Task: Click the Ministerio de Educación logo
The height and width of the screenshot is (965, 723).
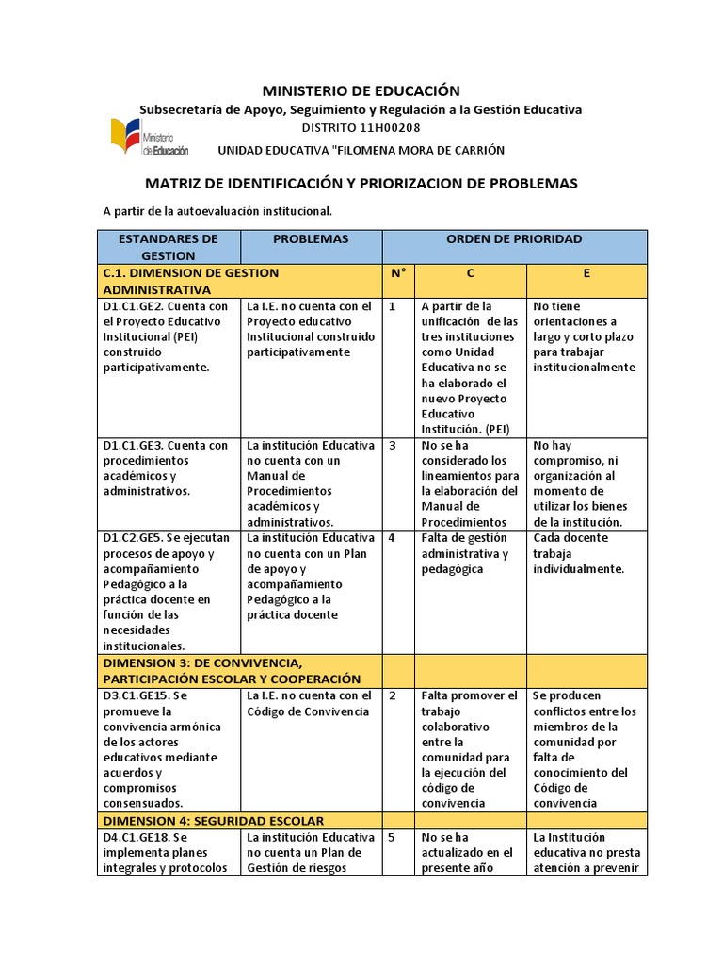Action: pyautogui.click(x=149, y=138)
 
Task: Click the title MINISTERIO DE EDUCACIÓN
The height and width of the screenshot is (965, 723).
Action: pyautogui.click(x=361, y=90)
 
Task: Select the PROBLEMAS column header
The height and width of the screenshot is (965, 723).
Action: pyautogui.click(x=311, y=238)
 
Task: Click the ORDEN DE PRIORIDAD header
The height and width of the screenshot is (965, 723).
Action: pyautogui.click(x=514, y=238)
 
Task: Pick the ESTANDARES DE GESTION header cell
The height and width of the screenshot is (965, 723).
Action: pyautogui.click(x=169, y=247)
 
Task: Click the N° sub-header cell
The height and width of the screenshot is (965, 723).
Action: pyautogui.click(x=397, y=272)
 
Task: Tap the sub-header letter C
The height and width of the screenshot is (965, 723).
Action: pyautogui.click(x=470, y=272)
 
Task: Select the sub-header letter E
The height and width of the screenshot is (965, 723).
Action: pyautogui.click(x=586, y=272)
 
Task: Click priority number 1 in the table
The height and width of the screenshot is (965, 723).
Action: pyautogui.click(x=392, y=306)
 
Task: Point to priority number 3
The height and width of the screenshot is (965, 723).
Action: pyautogui.click(x=392, y=446)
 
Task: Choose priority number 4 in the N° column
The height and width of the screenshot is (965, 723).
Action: pyautogui.click(x=392, y=538)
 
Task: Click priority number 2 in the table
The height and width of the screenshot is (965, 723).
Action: pyautogui.click(x=392, y=696)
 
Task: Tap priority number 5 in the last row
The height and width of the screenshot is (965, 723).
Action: pyautogui.click(x=392, y=837)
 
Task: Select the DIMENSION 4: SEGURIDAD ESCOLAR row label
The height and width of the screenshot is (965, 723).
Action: pyautogui.click(x=214, y=820)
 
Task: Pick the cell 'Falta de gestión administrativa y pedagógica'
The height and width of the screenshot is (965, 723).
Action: pyautogui.click(x=465, y=553)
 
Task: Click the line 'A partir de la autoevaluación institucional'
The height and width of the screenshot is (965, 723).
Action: pyautogui.click(x=217, y=211)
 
